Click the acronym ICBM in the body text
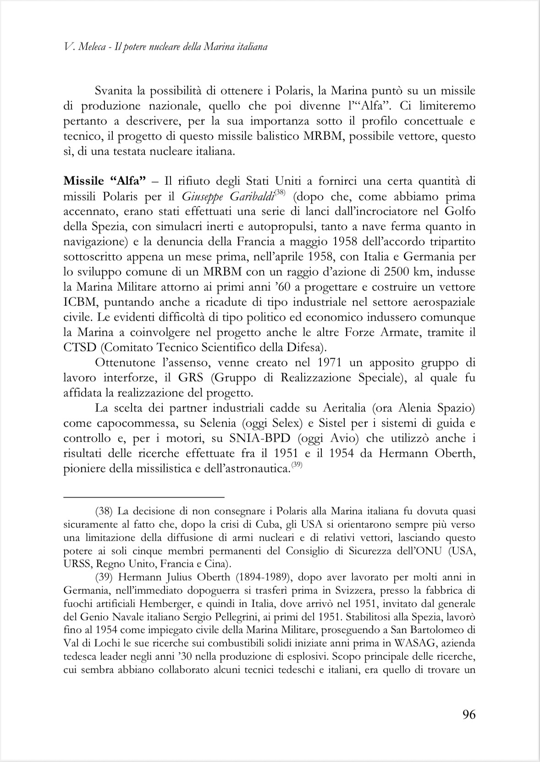tap(80, 302)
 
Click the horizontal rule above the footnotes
tap(143, 496)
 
